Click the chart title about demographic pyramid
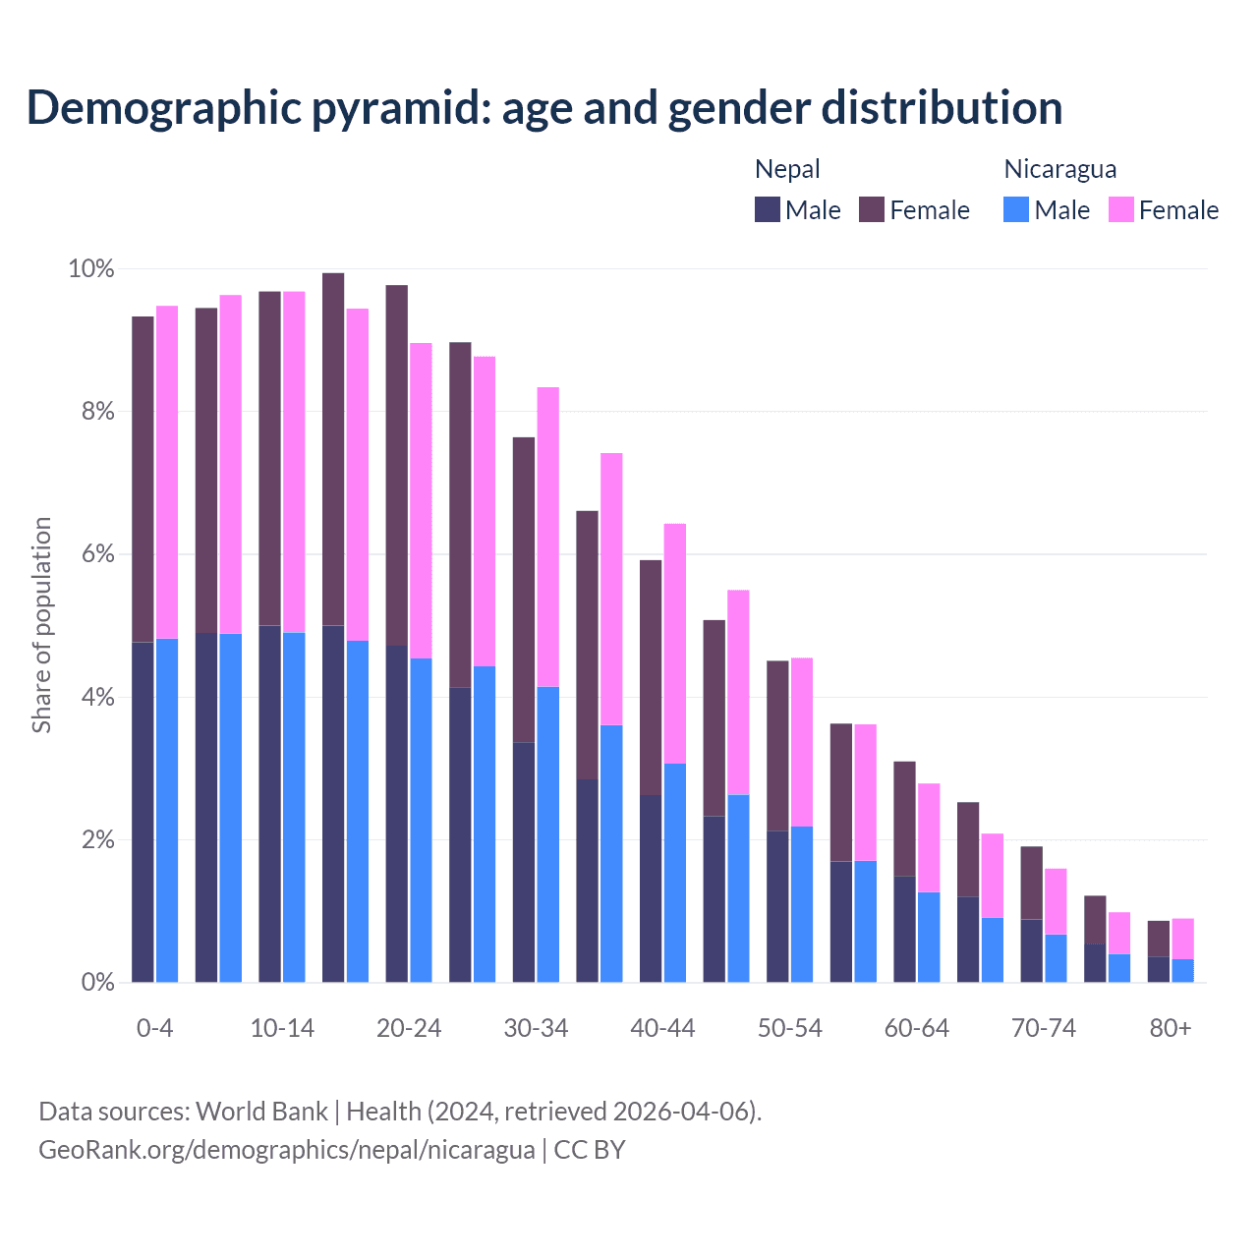[x=544, y=108]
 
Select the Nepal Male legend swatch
[x=768, y=209]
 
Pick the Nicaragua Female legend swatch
[x=1121, y=209]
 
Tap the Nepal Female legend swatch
[x=872, y=209]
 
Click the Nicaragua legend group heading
[x=1059, y=169]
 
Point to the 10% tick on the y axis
[x=91, y=268]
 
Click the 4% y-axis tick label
[x=97, y=698]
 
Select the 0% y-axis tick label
[x=97, y=983]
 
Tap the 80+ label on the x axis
[x=1171, y=1028]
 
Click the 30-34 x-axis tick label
[x=536, y=1028]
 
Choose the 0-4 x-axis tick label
[x=154, y=1028]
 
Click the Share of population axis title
[x=41, y=625]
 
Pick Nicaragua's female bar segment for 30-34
[x=548, y=537]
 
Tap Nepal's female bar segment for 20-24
[x=396, y=465]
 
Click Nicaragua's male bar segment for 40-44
[x=675, y=873]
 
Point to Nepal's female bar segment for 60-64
[x=904, y=818]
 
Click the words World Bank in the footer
[x=261, y=1112]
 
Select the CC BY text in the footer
[x=590, y=1150]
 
